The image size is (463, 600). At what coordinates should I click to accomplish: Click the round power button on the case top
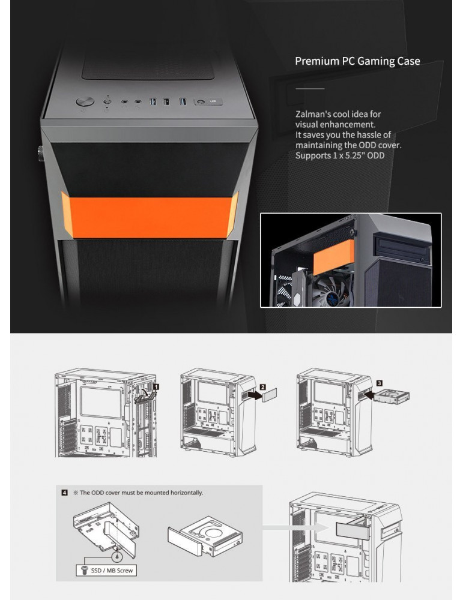pos(85,101)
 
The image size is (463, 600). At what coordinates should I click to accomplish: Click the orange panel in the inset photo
pos(333,257)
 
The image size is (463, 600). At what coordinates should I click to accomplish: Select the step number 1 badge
pos(156,387)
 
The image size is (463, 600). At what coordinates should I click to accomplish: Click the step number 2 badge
pos(262,387)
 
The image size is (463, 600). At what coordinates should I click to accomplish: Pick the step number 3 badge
pos(379,383)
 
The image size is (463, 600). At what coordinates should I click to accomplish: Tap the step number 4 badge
pos(65,493)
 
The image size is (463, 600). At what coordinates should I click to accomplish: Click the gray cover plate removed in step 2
pos(269,395)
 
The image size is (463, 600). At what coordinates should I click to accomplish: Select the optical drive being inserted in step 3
pos(392,397)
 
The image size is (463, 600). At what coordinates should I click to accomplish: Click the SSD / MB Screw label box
pos(106,570)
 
